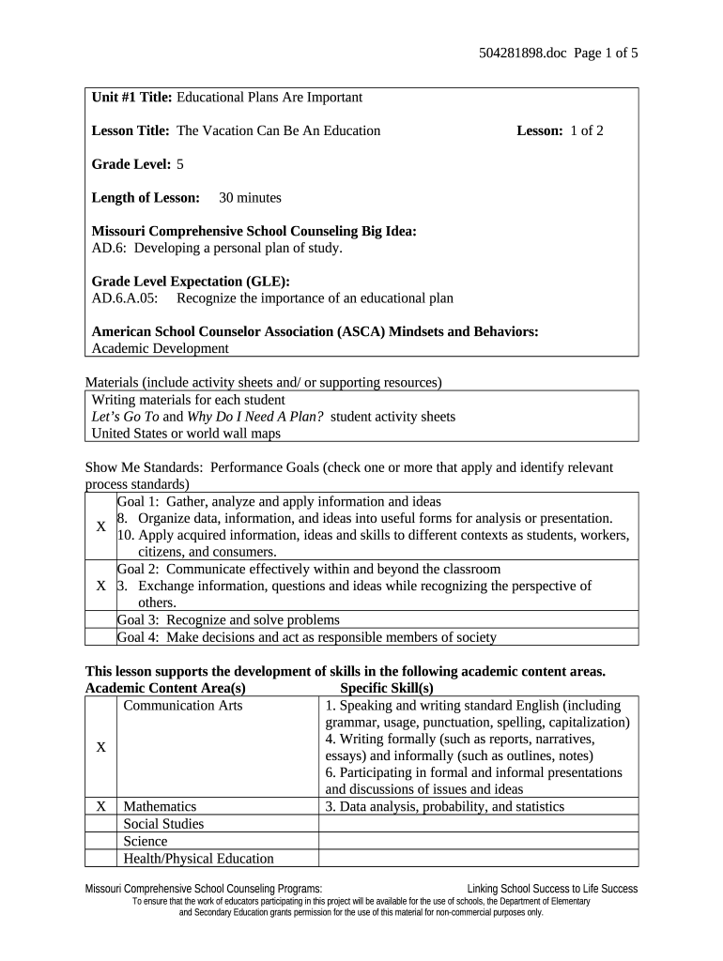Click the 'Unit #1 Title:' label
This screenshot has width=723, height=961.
(132, 98)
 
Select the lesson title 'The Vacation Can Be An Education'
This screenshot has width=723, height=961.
(278, 130)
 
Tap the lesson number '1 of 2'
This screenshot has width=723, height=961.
(587, 130)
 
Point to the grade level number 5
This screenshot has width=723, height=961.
(180, 164)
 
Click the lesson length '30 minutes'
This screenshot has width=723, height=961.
(250, 198)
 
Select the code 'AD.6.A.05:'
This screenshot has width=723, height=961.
(125, 298)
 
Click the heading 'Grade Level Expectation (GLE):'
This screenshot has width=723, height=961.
(191, 282)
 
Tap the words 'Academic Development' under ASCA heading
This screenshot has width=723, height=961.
(160, 348)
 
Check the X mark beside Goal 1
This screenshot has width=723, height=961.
(100, 526)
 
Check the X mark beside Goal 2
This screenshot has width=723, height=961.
(100, 586)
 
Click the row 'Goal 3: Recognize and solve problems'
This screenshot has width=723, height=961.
(228, 620)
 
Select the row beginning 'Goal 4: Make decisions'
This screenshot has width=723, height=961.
(306, 637)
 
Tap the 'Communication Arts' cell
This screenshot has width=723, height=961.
(183, 705)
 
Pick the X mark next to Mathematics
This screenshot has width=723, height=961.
(100, 806)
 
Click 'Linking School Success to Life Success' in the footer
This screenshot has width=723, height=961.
(552, 889)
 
